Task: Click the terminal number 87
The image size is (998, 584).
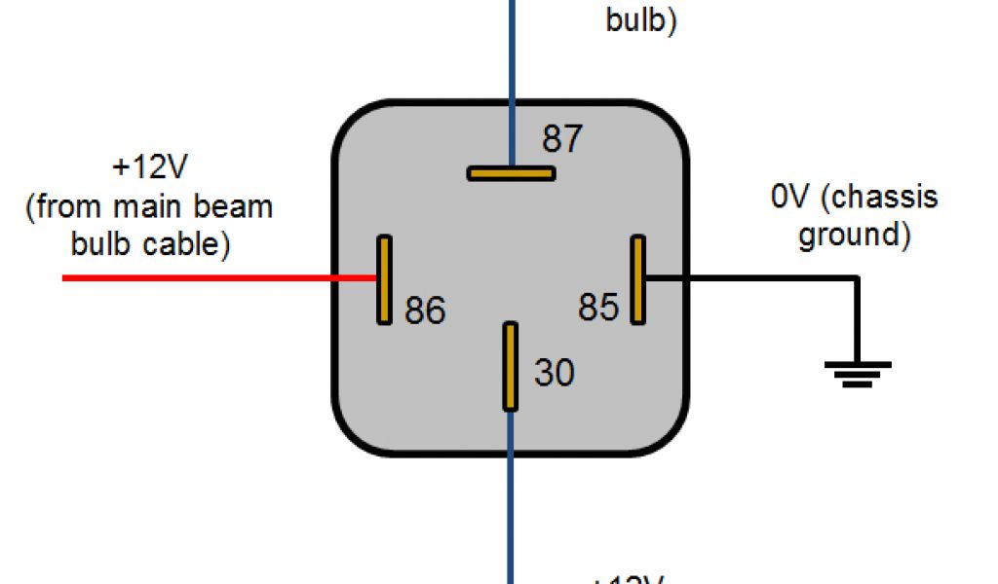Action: (562, 139)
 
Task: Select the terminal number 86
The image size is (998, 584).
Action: (425, 310)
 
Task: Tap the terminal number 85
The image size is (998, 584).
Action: (598, 308)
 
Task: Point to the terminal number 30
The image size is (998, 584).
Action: (555, 373)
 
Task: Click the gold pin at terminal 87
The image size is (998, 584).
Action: (511, 173)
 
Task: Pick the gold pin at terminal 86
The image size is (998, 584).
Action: (384, 279)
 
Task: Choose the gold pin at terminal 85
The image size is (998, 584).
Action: (637, 279)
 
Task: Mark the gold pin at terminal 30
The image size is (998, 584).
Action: (510, 367)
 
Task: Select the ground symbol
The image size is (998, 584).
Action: (858, 374)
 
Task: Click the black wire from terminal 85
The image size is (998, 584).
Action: (750, 278)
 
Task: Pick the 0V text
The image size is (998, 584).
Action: (790, 198)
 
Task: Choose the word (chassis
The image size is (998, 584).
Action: (880, 198)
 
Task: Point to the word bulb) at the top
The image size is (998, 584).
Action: (641, 19)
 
